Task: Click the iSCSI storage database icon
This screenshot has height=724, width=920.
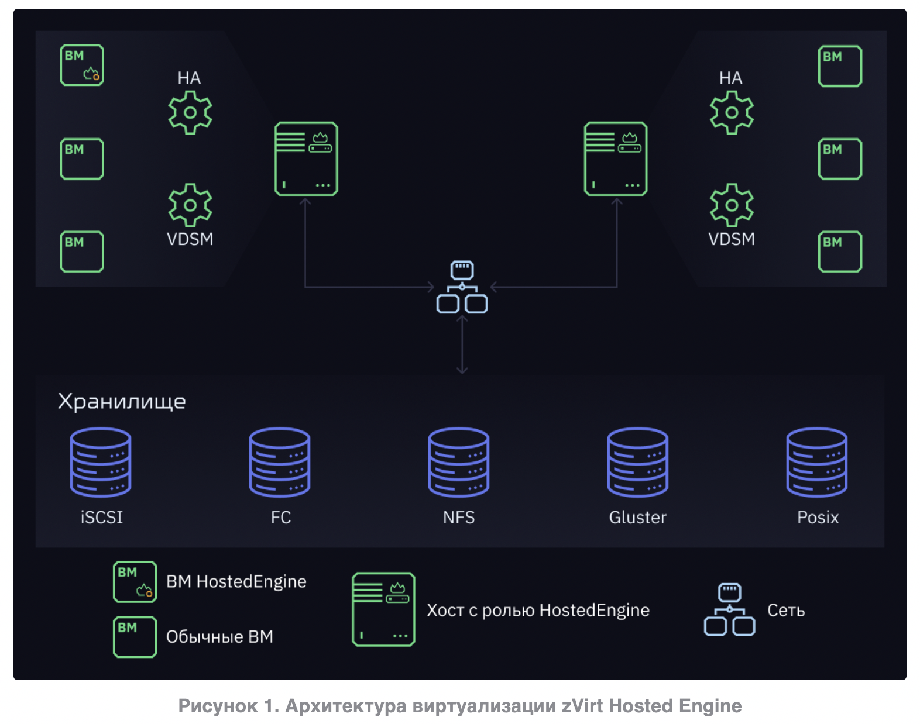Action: click(x=101, y=462)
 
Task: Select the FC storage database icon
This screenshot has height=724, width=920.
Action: click(x=280, y=462)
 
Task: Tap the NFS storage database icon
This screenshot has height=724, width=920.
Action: click(x=459, y=462)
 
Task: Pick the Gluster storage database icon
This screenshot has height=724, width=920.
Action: click(x=638, y=462)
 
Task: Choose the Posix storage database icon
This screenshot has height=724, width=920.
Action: click(x=817, y=462)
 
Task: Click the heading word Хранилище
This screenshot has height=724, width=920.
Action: click(x=122, y=402)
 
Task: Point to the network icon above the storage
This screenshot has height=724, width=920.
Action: click(x=462, y=287)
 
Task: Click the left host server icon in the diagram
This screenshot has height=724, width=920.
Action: click(x=306, y=159)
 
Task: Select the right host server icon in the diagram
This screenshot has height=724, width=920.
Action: click(x=616, y=159)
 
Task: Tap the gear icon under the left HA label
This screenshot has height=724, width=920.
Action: click(x=190, y=113)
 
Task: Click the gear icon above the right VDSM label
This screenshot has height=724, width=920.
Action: click(x=732, y=205)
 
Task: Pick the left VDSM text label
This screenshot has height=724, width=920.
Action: click(x=190, y=239)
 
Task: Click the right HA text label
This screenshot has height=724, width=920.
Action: click(x=731, y=78)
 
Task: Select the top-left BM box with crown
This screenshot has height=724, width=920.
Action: click(x=82, y=65)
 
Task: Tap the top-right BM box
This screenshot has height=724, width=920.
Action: click(x=840, y=66)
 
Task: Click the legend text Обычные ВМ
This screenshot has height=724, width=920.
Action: click(x=219, y=637)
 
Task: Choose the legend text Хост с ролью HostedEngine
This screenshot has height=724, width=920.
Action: click(x=538, y=611)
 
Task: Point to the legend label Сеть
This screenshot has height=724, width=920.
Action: click(x=786, y=611)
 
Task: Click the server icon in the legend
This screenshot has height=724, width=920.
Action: click(x=383, y=609)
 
